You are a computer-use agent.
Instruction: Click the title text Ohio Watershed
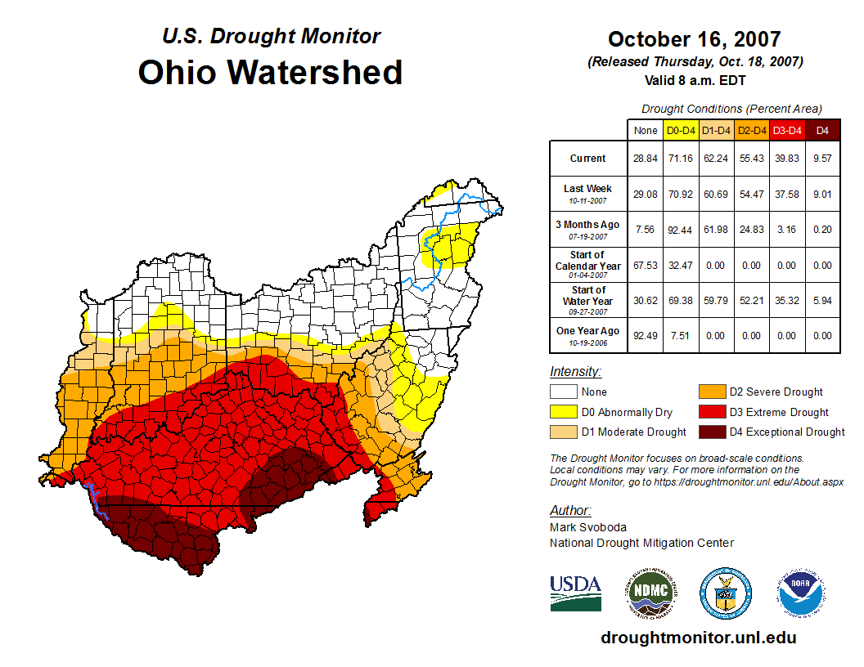(270, 72)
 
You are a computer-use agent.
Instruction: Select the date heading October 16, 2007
(695, 39)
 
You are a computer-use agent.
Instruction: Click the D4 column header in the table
(822, 130)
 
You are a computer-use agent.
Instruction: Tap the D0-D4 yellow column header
(682, 130)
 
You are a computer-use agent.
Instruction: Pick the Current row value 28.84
(646, 159)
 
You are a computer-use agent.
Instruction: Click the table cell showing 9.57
(822, 159)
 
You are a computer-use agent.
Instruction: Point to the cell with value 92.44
(682, 230)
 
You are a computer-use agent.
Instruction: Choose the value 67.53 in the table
(646, 265)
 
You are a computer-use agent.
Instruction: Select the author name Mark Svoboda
(588, 527)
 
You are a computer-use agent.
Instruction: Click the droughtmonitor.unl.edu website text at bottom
(698, 638)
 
